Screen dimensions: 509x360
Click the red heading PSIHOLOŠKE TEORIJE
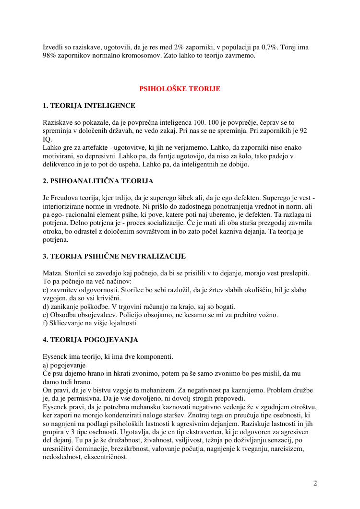tap(180, 89)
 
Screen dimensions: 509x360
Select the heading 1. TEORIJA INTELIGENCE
tap(89, 106)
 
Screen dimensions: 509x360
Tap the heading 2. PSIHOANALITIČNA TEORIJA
tap(98, 181)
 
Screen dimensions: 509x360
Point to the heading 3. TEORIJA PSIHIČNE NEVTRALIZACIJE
tap(114, 256)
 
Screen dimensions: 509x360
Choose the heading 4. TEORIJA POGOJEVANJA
tap(90, 340)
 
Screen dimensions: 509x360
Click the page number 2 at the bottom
tap(315, 483)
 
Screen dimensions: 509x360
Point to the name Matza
tap(52, 273)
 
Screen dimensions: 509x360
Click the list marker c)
tap(46, 290)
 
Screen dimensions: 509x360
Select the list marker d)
tap(46, 307)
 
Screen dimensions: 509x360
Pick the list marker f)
tap(45, 323)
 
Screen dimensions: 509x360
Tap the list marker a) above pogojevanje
tap(46, 365)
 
